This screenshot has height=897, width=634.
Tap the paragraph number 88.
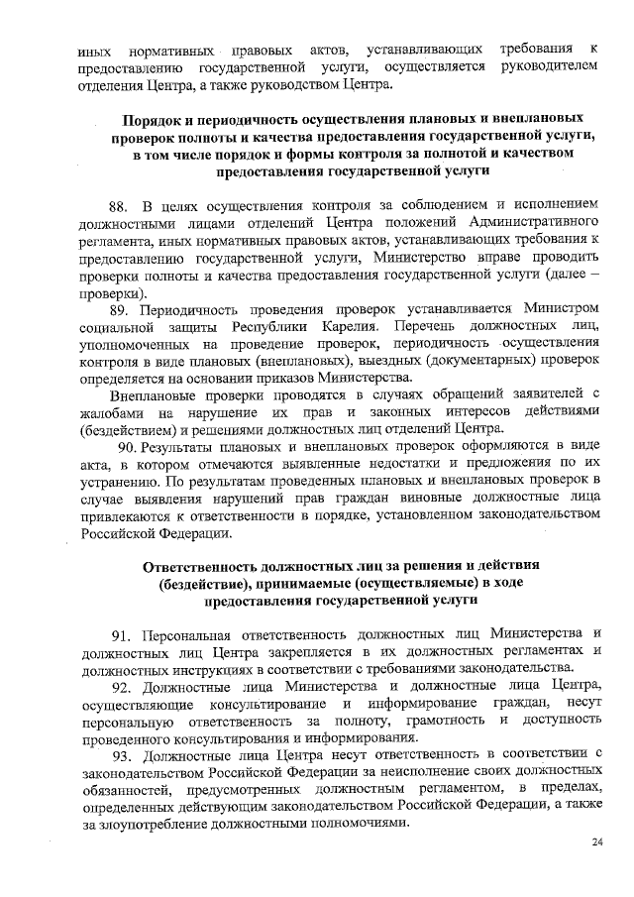pos(119,206)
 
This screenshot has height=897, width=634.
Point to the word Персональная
pos(188,632)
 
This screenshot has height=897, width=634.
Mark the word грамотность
pos(436,720)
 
